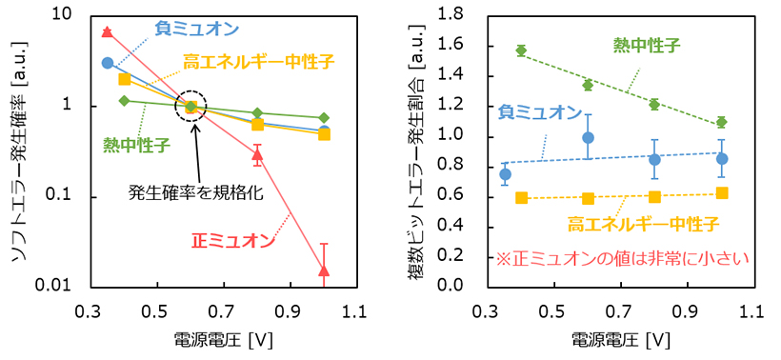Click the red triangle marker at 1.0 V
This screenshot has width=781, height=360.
(324, 271)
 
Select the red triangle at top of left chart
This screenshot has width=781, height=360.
(107, 32)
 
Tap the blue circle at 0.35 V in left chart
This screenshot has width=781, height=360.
(108, 63)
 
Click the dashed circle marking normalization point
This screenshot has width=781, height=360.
(191, 107)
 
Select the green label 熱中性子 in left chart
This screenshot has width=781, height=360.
(137, 145)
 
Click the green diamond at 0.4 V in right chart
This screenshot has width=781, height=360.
(521, 50)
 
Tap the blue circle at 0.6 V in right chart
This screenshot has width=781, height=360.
(588, 138)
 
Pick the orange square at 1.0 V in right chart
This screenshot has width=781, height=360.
(722, 193)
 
